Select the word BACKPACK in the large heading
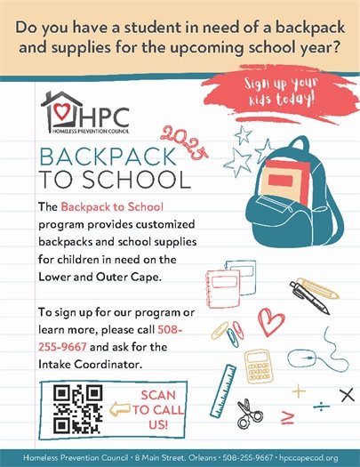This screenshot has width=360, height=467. [99, 159]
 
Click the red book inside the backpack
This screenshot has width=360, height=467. [274, 179]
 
